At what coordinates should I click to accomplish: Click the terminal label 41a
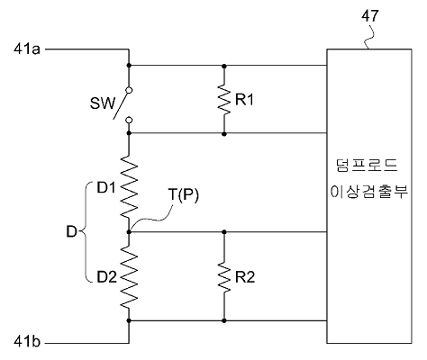click(x=27, y=49)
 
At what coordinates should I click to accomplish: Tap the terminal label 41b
click(x=27, y=342)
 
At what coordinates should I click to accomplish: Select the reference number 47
click(x=370, y=15)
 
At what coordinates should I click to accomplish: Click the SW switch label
click(x=103, y=103)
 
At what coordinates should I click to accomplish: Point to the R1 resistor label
click(x=244, y=99)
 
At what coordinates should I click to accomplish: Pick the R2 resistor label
click(x=245, y=277)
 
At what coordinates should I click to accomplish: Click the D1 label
click(x=106, y=188)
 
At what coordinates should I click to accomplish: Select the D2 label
click(x=106, y=277)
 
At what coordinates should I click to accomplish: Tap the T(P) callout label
click(x=184, y=195)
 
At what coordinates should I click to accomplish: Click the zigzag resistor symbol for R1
click(x=224, y=99)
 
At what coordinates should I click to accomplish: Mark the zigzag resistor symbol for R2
click(x=224, y=276)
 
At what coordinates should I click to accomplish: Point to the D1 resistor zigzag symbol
click(x=129, y=186)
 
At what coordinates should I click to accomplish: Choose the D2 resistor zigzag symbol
click(x=129, y=276)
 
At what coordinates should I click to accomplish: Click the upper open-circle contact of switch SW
click(x=129, y=90)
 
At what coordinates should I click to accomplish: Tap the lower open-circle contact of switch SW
click(x=129, y=121)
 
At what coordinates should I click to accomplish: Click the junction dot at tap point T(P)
click(x=129, y=232)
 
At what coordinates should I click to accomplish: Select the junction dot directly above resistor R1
click(x=224, y=66)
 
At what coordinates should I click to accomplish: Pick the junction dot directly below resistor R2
click(x=224, y=320)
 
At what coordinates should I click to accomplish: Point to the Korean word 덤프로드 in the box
click(x=367, y=166)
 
